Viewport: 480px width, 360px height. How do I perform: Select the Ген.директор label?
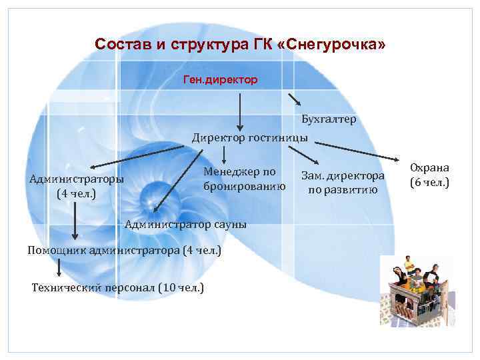click(x=221, y=80)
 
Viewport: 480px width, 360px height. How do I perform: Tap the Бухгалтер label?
click(x=328, y=119)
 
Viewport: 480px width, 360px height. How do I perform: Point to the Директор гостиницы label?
click(x=250, y=138)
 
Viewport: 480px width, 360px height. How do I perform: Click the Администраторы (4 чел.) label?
click(x=76, y=187)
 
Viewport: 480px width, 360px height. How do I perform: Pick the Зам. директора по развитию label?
click(x=343, y=183)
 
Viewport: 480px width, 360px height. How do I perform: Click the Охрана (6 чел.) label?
click(x=429, y=175)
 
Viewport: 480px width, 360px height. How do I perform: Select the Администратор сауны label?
click(x=186, y=224)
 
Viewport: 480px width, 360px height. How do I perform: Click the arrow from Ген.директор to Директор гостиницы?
click(x=241, y=110)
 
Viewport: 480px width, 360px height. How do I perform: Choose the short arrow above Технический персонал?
click(x=60, y=267)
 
